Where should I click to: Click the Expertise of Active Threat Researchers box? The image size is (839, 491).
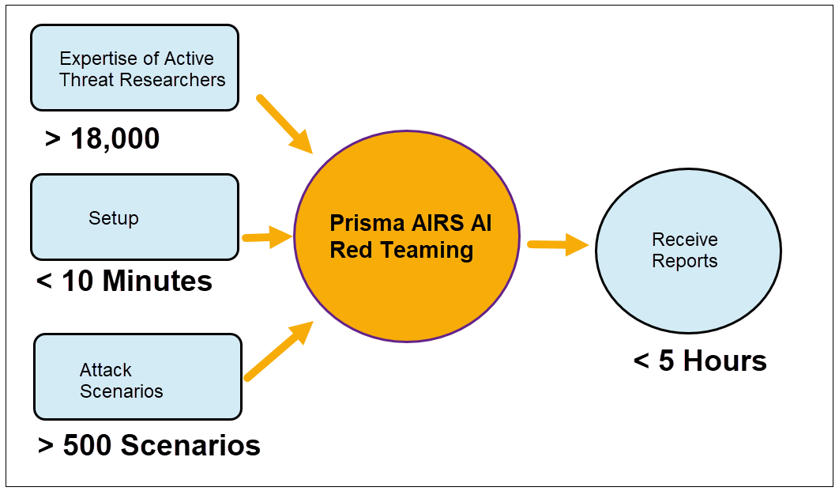point(134,68)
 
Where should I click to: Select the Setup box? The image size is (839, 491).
point(134,217)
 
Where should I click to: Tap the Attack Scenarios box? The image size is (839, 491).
point(137,376)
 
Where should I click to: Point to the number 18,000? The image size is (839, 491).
point(115,138)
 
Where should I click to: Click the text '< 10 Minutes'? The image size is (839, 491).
point(124,281)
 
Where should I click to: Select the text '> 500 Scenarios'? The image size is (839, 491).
point(149,445)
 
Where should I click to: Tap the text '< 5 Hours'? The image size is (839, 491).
point(700,361)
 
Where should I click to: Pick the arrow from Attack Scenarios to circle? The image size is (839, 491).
point(278,351)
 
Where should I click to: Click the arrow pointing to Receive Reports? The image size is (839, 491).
point(558,245)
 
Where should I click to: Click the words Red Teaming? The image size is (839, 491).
point(401,250)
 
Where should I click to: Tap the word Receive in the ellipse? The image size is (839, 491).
point(685,240)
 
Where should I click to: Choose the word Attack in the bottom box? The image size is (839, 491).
point(106,370)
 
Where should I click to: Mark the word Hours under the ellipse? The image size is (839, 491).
point(725,361)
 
